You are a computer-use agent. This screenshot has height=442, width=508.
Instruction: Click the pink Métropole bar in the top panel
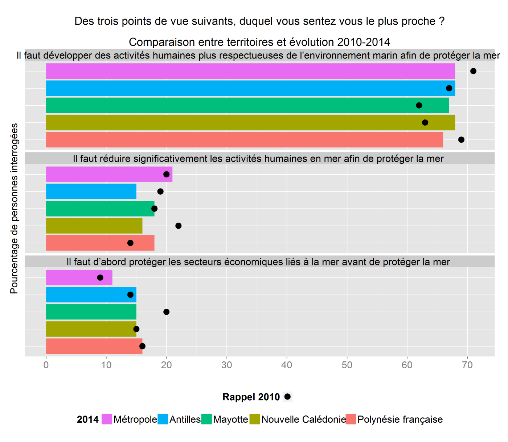[x=250, y=71]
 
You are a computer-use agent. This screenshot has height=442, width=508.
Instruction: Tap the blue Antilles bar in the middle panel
[x=91, y=191]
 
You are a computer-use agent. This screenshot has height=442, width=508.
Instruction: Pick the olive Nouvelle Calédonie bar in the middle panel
[x=94, y=226]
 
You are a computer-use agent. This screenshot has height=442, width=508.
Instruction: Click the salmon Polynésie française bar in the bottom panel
[x=94, y=346]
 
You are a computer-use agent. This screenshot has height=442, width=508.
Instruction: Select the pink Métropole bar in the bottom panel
[x=79, y=277]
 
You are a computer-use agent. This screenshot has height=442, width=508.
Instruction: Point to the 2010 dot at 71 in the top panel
[x=473, y=71]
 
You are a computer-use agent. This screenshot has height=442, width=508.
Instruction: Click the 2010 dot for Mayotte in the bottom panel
[x=167, y=312]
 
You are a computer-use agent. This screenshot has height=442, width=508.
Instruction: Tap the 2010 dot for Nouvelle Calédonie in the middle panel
[x=179, y=226]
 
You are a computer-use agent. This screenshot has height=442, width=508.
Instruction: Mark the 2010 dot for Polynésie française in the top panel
[x=461, y=140]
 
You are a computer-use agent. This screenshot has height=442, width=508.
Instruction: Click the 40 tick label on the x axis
[x=287, y=365]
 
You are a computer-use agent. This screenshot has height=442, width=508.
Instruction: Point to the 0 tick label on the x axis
[x=46, y=365]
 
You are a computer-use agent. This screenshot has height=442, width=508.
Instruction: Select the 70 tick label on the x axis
[x=467, y=365]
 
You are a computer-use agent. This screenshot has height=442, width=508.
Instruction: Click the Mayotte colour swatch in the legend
[x=207, y=419]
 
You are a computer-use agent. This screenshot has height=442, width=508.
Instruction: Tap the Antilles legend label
[x=185, y=419]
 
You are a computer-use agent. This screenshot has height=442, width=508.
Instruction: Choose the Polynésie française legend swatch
[x=351, y=419]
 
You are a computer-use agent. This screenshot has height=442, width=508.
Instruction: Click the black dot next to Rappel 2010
[x=287, y=397]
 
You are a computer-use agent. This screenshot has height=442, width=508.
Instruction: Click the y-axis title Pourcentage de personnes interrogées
[x=14, y=208]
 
